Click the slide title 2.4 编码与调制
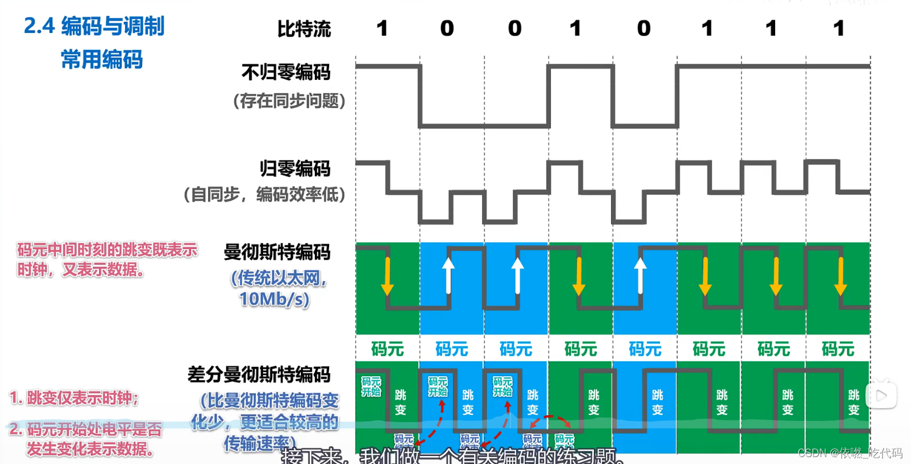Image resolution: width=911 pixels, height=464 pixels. (94, 26)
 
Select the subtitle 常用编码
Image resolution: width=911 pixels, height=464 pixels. (101, 59)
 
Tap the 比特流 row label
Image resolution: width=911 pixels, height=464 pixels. (304, 29)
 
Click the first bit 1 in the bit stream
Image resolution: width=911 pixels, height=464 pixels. (382, 28)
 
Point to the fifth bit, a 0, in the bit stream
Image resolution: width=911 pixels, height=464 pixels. (643, 28)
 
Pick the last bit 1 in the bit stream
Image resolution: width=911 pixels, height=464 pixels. (838, 28)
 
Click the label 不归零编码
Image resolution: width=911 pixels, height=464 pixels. (286, 72)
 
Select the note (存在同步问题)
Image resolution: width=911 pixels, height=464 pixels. (289, 101)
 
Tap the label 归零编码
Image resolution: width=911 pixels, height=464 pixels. (295, 168)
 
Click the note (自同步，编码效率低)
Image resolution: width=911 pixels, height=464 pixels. (264, 194)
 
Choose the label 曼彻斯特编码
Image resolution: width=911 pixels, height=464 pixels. (277, 252)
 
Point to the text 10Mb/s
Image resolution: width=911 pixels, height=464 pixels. (275, 299)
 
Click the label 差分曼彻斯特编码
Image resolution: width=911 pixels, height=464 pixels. (259, 374)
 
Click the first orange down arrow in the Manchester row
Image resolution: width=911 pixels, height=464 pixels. (387, 276)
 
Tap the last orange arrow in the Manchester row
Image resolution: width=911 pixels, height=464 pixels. (840, 276)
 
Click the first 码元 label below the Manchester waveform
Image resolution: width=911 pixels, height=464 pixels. (387, 349)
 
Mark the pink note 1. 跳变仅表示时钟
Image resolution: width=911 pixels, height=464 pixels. (74, 397)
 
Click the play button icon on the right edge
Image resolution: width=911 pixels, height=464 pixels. (880, 396)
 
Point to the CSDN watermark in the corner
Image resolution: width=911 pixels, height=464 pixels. (849, 453)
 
